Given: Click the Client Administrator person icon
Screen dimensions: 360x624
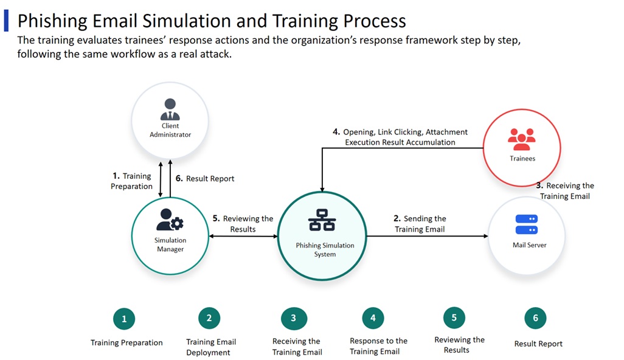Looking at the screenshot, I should point(170,109).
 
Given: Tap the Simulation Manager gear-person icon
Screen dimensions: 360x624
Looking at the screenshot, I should point(170,221).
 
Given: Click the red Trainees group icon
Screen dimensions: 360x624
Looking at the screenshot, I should point(521,139).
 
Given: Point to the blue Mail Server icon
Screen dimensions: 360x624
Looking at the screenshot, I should point(526,224).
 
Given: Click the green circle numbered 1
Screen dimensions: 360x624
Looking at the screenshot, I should point(124,319).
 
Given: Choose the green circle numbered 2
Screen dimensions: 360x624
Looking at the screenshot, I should point(209,317).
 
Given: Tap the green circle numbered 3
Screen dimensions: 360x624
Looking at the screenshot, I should point(294,317).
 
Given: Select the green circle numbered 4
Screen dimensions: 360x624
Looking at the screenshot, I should point(373,317).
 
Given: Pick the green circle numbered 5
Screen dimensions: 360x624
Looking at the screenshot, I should point(454,317).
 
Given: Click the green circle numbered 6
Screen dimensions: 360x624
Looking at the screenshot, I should point(535,317).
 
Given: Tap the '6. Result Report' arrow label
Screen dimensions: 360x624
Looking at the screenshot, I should point(205,179).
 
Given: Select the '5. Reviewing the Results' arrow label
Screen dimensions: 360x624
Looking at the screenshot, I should point(243,224).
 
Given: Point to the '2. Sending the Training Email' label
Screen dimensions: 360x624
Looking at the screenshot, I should point(420,224).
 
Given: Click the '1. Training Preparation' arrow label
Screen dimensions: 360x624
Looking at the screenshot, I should point(131,181).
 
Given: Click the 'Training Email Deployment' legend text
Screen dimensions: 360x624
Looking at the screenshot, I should point(210,347).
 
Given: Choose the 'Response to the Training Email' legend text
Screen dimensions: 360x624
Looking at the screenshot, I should point(378,346).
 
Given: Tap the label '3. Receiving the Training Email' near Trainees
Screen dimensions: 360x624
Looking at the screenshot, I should point(565,191).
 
